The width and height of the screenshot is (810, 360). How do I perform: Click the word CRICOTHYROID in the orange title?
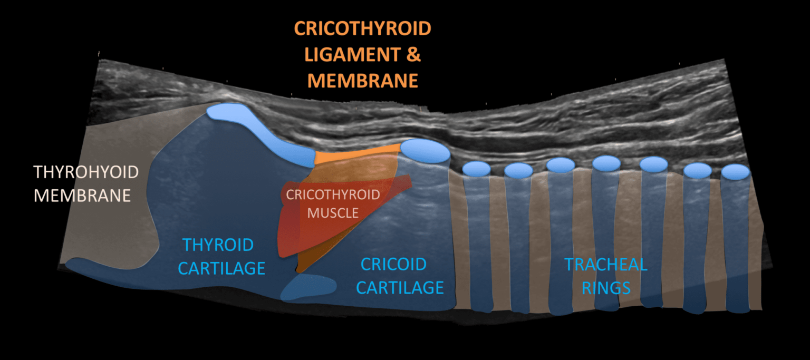point(363,28)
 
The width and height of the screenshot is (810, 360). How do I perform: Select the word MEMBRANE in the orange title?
point(363,80)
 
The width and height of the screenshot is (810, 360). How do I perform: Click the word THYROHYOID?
point(86,172)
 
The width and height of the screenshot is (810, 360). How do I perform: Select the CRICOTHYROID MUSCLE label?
point(333,203)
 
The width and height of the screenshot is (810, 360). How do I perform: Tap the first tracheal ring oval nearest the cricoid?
point(477,169)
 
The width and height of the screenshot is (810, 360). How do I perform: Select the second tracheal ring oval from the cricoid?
point(518,170)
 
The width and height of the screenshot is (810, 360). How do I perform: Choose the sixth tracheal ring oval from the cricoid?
point(697,170)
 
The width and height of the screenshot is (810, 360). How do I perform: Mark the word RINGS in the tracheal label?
point(611,288)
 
